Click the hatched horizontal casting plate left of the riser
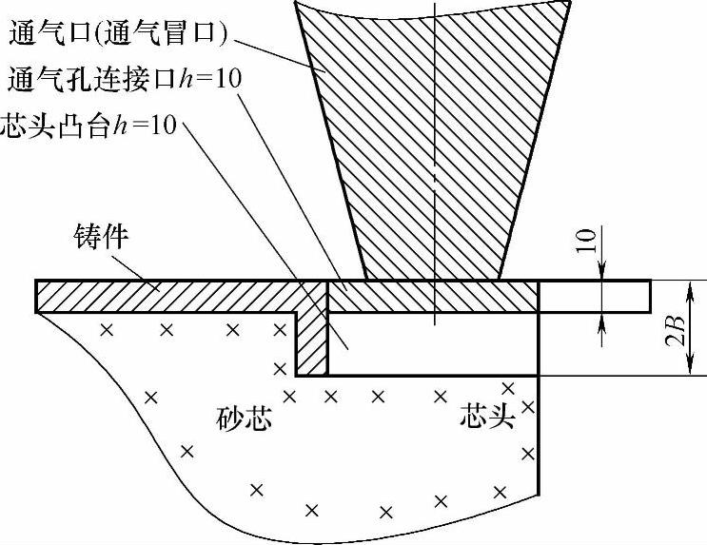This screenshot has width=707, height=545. pos(171,296)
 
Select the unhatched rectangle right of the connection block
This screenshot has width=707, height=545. pos(594,296)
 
